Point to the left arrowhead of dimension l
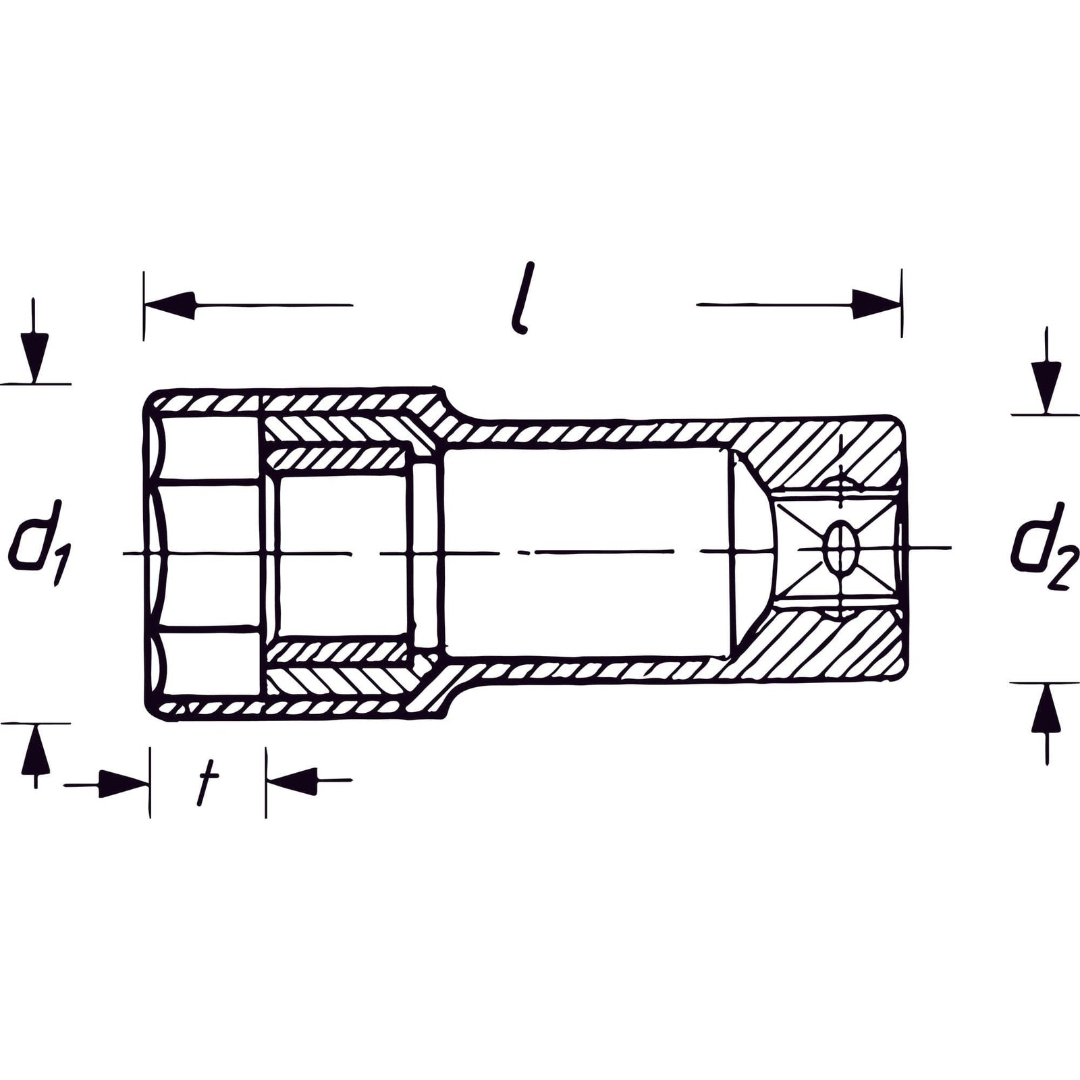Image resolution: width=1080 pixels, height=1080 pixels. [170, 304]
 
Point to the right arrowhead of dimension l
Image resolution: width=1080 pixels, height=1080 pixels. [876, 304]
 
